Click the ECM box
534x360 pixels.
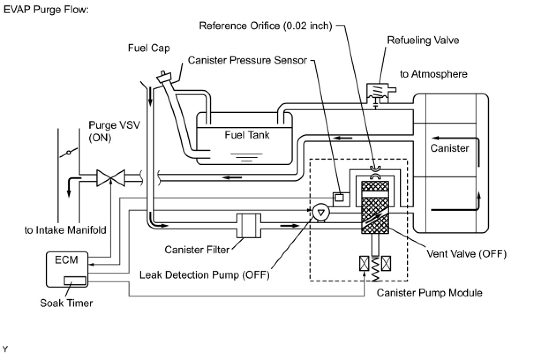(x=67, y=270)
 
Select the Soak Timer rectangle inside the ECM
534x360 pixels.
(x=75, y=281)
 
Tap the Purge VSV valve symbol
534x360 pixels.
(x=111, y=178)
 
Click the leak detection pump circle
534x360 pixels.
(x=321, y=212)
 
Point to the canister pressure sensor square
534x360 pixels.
(x=339, y=198)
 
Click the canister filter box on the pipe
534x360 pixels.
(x=248, y=225)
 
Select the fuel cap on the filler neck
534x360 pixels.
(x=164, y=77)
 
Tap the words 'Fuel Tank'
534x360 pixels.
(x=247, y=135)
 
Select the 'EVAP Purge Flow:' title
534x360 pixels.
(x=46, y=10)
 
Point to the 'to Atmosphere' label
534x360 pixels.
(x=434, y=74)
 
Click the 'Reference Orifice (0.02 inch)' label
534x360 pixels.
(x=266, y=26)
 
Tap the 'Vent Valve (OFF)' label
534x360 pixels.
(x=466, y=254)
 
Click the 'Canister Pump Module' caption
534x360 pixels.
(x=429, y=293)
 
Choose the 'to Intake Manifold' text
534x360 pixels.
(x=65, y=230)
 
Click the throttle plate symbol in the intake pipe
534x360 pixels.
(x=69, y=153)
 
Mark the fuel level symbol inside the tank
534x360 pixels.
(x=247, y=157)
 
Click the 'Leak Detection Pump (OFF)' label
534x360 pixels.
(x=204, y=275)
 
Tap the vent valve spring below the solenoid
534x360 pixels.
(x=375, y=269)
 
